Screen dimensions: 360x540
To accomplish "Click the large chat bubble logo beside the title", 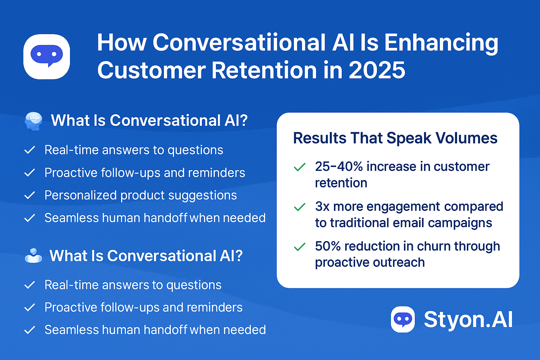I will [x=46, y=57].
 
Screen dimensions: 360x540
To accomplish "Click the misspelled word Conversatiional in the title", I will [x=239, y=43].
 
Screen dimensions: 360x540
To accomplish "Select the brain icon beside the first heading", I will [x=34, y=121].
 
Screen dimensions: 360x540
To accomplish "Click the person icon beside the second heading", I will [x=33, y=256].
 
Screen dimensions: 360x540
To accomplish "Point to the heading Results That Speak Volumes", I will [x=395, y=138].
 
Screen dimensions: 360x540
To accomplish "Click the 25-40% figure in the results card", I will [x=339, y=167].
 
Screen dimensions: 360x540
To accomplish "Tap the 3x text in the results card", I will [x=322, y=207].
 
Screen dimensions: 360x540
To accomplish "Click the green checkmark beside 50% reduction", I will [x=300, y=247].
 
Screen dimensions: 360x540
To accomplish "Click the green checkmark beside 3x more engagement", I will [x=300, y=207].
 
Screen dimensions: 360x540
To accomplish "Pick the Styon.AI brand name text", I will [x=468, y=320].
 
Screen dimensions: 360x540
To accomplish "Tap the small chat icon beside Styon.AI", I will [x=403, y=320].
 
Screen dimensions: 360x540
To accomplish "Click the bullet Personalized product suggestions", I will [x=141, y=195].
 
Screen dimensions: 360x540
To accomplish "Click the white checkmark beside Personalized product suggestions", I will [x=30, y=195].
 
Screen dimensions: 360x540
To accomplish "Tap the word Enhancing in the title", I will [x=441, y=43].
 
